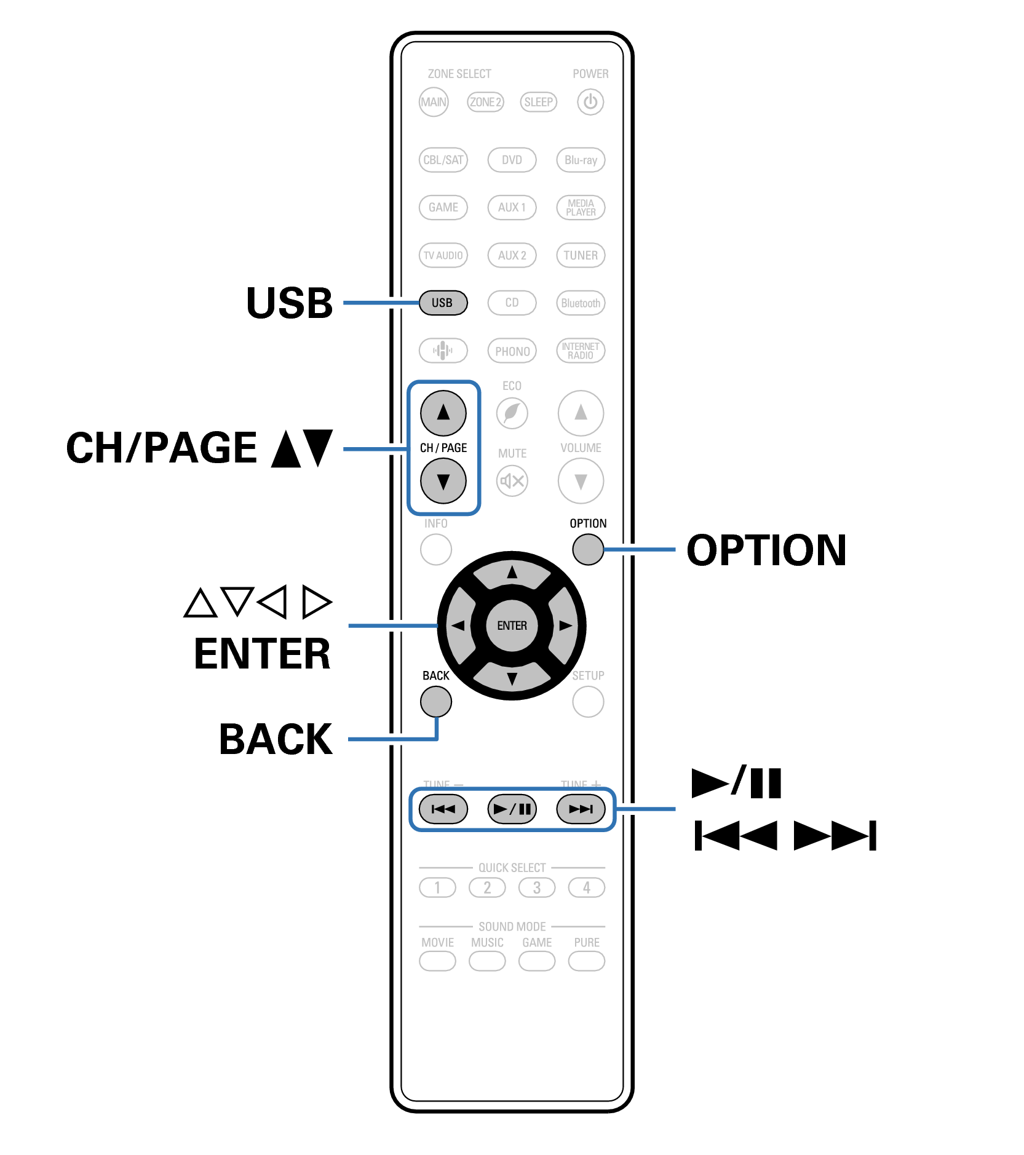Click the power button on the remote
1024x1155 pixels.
pos(590,102)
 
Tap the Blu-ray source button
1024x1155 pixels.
pos(581,160)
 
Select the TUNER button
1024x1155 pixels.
pos(581,255)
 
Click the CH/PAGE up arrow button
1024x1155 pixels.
pos(443,413)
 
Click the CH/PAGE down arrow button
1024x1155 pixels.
pos(443,481)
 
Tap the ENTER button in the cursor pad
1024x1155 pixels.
pos(512,625)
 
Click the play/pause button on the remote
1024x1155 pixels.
pos(512,809)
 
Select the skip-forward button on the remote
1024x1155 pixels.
pos(581,809)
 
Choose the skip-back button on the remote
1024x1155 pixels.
pos(443,809)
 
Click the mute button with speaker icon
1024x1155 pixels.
pos(512,481)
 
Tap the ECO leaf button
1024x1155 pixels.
pos(512,413)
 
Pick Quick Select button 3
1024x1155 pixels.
pos(536,887)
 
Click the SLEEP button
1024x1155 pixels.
pos(538,102)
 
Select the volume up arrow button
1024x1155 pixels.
pos(581,413)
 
